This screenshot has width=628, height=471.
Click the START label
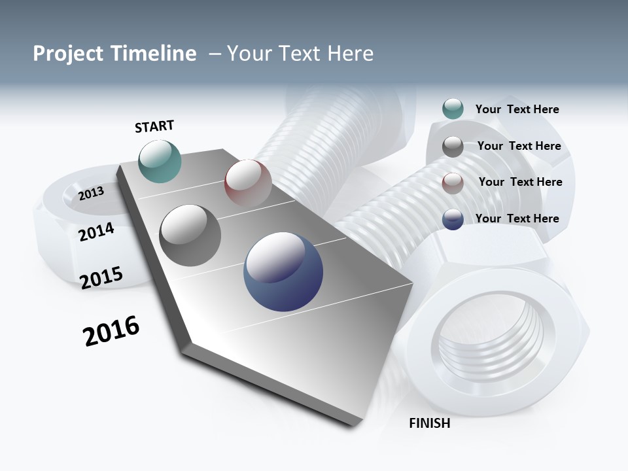pyautogui.click(x=154, y=126)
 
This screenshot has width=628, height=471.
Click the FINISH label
pyautogui.click(x=429, y=423)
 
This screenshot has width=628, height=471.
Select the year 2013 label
pyautogui.click(x=91, y=193)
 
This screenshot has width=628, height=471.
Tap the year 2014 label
pyautogui.click(x=96, y=232)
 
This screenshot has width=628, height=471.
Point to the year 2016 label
pyautogui.click(x=111, y=331)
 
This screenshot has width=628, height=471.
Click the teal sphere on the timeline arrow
pyautogui.click(x=160, y=161)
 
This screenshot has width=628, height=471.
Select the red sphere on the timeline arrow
pyautogui.click(x=248, y=183)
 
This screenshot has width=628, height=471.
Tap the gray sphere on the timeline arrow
pyautogui.click(x=190, y=235)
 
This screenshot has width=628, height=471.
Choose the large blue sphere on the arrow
pyautogui.click(x=283, y=271)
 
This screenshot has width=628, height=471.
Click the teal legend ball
pyautogui.click(x=453, y=109)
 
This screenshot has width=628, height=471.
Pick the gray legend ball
pyautogui.click(x=453, y=147)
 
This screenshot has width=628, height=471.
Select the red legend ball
pyautogui.click(x=453, y=183)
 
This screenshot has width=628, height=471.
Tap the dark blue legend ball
pyautogui.click(x=453, y=219)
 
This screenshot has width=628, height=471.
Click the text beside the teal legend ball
pyautogui.click(x=517, y=109)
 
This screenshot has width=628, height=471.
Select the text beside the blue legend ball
pyautogui.click(x=517, y=218)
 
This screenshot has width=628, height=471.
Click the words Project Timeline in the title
pyautogui.click(x=114, y=54)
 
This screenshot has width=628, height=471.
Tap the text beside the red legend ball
pyautogui.click(x=520, y=182)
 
